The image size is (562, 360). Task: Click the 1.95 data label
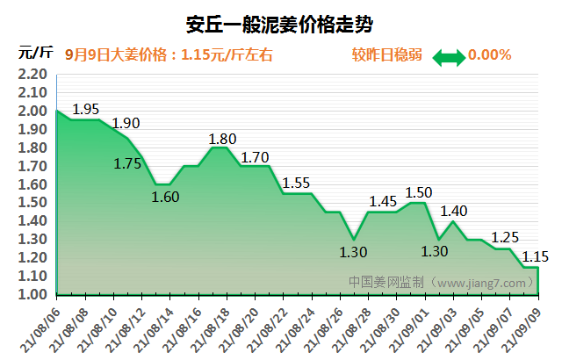86,110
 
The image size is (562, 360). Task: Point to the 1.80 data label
223,139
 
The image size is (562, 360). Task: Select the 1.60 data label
165,197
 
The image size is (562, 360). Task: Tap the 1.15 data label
536,256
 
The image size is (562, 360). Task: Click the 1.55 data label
297,183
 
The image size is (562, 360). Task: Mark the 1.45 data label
383,201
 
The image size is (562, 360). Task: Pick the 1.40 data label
454,211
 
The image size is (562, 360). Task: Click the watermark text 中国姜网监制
386,283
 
